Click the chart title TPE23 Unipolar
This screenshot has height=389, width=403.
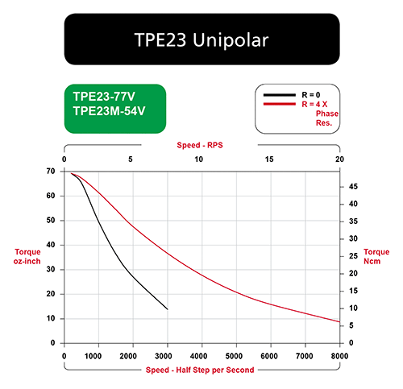[x=201, y=40]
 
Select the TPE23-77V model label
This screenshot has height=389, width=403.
[x=104, y=97]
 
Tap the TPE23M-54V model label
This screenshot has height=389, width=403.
[x=109, y=111]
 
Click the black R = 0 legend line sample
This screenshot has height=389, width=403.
[x=280, y=95]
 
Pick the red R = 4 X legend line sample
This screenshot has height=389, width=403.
[x=280, y=104]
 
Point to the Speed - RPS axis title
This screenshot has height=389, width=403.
[x=200, y=145]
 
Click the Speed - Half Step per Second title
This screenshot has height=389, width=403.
[x=200, y=370]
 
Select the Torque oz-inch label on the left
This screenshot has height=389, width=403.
[x=27, y=256]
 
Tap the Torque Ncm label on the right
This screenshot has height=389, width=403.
[x=376, y=256]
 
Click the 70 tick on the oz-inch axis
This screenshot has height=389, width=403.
[x=51, y=172]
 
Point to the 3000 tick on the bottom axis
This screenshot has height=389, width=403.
[x=164, y=356]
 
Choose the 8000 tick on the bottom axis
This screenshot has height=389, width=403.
[x=339, y=356]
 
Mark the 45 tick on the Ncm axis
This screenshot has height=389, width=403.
[x=353, y=187]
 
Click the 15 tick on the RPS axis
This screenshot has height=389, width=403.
[x=269, y=159]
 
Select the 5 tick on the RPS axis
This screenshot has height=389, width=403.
[x=131, y=159]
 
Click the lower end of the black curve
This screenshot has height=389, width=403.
[x=168, y=309]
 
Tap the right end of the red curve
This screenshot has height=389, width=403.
[x=339, y=321]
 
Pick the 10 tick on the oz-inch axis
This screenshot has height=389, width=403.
[x=51, y=319]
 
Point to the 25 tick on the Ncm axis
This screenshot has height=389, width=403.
[x=353, y=256]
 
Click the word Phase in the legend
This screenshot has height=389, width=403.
[x=327, y=114]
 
